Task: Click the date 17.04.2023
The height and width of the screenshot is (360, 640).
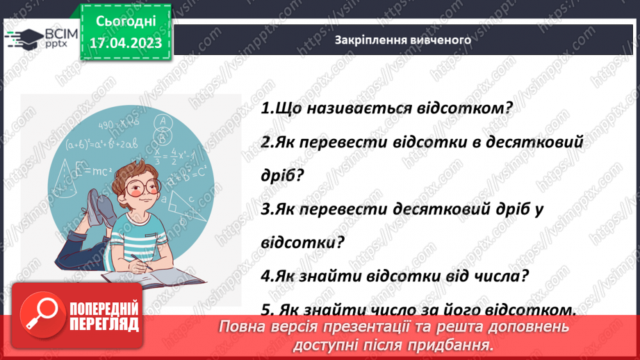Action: [x=126, y=43]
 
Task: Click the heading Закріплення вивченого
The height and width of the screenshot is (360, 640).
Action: [x=402, y=40]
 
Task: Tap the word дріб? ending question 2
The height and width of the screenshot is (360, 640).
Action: [x=283, y=175]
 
